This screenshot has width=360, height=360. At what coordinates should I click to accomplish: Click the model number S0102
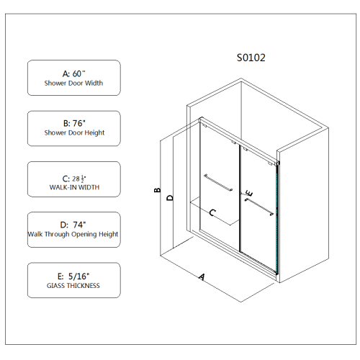pos(251,58)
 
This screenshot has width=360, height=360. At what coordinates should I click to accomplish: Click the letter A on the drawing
pos(202,276)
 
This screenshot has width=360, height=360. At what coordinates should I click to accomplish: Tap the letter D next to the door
pos(170,197)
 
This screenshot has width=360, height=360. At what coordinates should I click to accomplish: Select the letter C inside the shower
pos(212,213)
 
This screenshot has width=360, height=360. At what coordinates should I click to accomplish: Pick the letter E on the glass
pos(248,194)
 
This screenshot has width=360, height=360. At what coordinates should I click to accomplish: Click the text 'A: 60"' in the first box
pos(74,73)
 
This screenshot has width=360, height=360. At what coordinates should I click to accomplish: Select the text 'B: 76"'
pos(74,123)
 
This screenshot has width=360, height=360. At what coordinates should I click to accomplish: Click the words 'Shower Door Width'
pos(74,84)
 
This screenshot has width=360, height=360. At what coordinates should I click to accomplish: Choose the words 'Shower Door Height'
pos(74,133)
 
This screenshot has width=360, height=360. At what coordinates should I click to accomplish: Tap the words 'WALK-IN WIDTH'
pos(74,187)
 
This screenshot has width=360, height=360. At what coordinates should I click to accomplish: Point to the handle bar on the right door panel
pos(259,207)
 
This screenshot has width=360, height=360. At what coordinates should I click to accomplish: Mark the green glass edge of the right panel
pos(277,216)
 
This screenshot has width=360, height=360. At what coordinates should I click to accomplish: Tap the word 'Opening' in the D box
pos(84,235)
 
